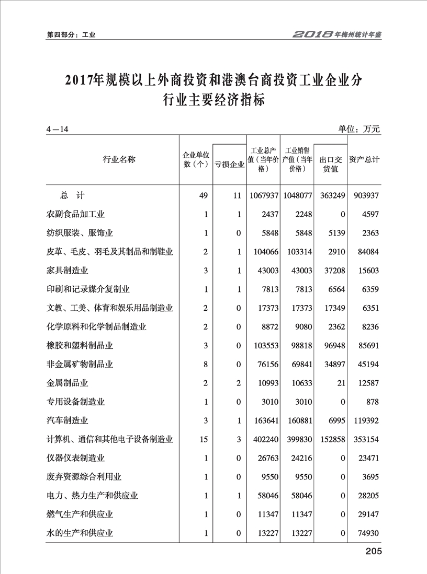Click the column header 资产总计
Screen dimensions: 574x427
click(364, 159)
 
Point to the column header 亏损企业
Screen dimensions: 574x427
click(230, 165)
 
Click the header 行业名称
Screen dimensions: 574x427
click(119, 159)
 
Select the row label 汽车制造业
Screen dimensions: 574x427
click(67, 420)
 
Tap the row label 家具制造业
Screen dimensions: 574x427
click(67, 270)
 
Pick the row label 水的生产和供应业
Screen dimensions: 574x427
click(80, 533)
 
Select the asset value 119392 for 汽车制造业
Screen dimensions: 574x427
click(364, 420)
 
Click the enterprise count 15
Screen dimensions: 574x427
click(204, 439)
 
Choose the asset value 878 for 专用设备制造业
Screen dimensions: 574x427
click(372, 402)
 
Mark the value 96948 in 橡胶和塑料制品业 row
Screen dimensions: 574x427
click(332, 345)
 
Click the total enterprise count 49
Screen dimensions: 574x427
click(204, 195)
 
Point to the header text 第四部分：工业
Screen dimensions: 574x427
click(71, 35)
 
